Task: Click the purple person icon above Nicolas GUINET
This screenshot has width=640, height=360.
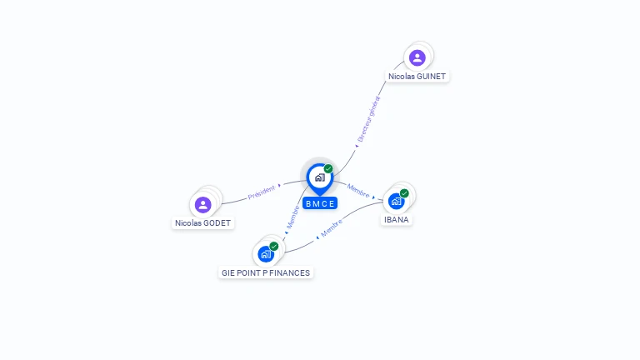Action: (x=417, y=57)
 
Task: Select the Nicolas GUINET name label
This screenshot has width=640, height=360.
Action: (x=417, y=76)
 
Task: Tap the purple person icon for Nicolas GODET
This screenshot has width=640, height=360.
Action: (x=203, y=204)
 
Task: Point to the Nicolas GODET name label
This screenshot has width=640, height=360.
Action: (x=203, y=222)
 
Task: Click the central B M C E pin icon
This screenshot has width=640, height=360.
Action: (x=319, y=177)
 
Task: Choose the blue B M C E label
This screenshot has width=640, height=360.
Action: (x=320, y=203)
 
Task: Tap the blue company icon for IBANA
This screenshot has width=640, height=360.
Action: (x=397, y=201)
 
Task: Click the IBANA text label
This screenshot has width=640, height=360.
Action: (x=397, y=220)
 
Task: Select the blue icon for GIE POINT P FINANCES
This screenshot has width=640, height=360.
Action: (x=266, y=253)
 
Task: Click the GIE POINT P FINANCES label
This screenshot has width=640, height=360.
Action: (x=266, y=272)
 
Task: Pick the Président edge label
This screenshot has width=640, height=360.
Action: (x=261, y=192)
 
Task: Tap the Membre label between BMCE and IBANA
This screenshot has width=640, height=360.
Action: (x=359, y=191)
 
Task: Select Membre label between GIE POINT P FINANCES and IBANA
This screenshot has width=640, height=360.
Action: (x=332, y=228)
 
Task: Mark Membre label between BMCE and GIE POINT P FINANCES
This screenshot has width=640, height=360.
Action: (x=293, y=217)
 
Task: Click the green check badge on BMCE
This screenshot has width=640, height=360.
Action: (x=328, y=169)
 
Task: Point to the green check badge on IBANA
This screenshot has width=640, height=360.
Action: (x=404, y=193)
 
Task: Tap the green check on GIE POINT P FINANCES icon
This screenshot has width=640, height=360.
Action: (x=273, y=246)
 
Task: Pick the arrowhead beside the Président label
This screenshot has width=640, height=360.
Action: (x=279, y=186)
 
